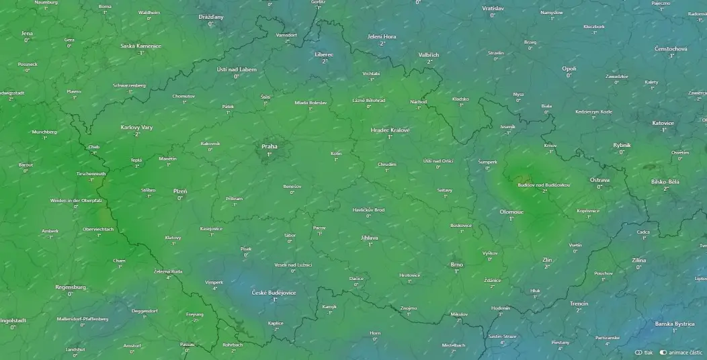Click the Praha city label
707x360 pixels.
click(x=269, y=146)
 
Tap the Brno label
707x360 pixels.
click(x=456, y=265)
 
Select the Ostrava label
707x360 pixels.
click(x=599, y=180)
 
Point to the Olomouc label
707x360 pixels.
click(x=511, y=212)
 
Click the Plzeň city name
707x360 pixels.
click(x=180, y=191)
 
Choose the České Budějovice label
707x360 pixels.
click(x=274, y=293)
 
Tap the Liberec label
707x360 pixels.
click(x=324, y=54)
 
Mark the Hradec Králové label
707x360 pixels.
click(x=390, y=130)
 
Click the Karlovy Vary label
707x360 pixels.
click(x=136, y=127)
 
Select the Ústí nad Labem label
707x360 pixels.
click(x=237, y=69)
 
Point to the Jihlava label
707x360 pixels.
click(x=370, y=238)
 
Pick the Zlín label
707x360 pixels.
click(x=546, y=259)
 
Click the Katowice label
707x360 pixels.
click(x=663, y=123)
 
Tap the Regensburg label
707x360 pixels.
click(x=71, y=287)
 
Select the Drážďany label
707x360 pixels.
click(x=210, y=17)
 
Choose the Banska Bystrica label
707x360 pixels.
click(x=674, y=324)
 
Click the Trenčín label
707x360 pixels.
click(x=579, y=304)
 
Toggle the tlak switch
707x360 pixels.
click(x=638, y=352)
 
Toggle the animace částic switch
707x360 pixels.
click(x=663, y=352)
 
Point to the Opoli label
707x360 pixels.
click(x=569, y=69)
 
